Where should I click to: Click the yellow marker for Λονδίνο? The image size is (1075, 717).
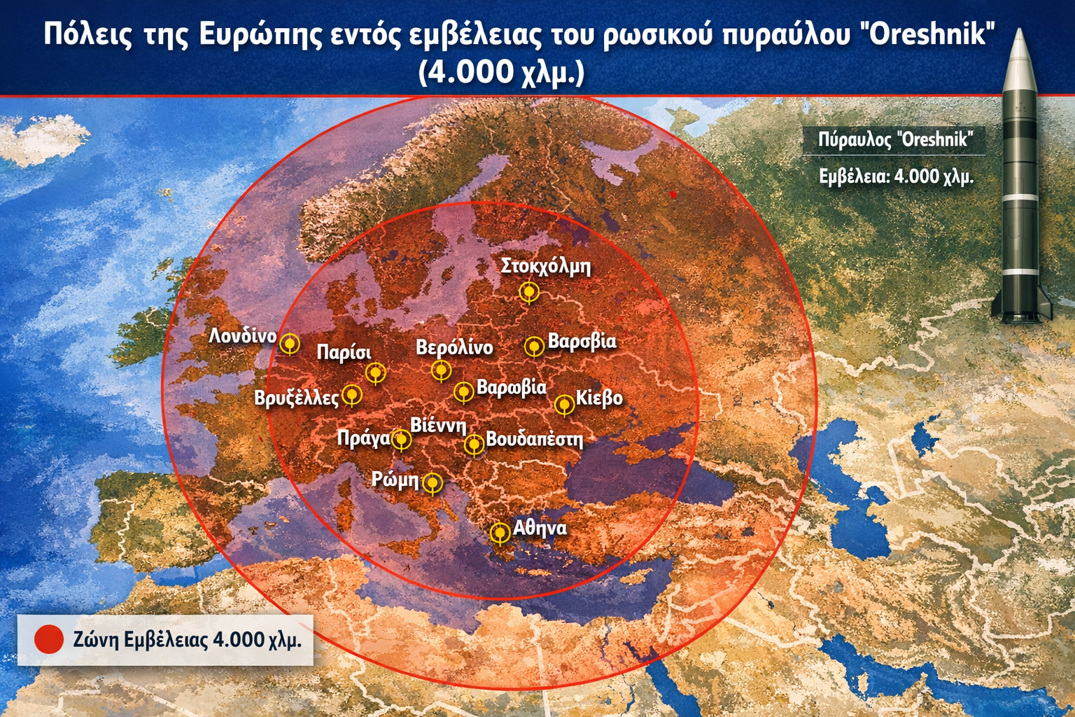tap(290, 344)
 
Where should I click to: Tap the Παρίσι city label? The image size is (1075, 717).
tap(344, 352)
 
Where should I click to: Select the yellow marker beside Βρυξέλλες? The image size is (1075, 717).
tap(352, 395)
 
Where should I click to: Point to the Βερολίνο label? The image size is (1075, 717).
tap(454, 347)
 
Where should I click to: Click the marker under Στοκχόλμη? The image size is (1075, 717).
tap(529, 291)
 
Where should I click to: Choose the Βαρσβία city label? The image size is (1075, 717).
tap(582, 342)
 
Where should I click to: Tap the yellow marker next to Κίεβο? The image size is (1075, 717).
tap(564, 405)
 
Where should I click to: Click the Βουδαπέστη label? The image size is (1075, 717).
tap(534, 440)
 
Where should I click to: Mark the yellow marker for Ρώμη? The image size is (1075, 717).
tap(433, 482)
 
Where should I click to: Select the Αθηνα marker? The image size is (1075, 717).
tap(500, 533)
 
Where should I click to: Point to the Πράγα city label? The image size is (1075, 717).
tap(363, 438)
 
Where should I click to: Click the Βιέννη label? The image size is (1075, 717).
tap(438, 424)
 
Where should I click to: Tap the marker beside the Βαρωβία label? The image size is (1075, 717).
tap(463, 391)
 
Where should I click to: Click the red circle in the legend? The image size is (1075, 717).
tap(49, 639)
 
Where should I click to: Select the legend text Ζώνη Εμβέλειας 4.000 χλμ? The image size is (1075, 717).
tap(187, 640)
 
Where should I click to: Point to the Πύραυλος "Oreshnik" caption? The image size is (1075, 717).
tap(895, 139)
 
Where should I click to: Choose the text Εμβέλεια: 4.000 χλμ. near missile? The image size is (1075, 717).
tap(896, 176)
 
